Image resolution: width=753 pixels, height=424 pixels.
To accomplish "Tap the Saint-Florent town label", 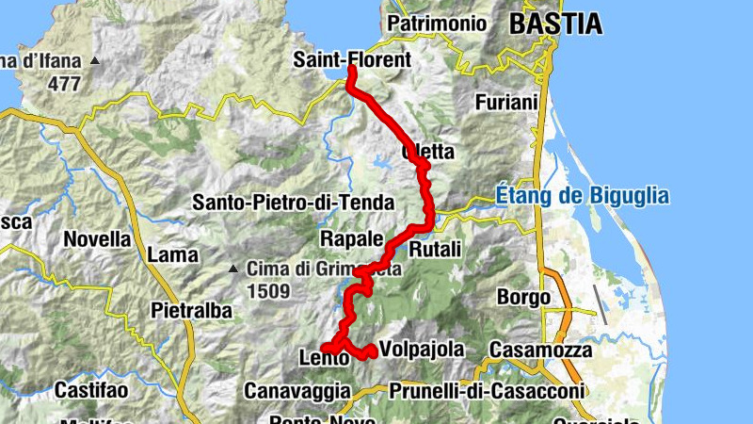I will [352, 60].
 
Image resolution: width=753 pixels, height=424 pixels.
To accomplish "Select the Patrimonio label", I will [437, 24].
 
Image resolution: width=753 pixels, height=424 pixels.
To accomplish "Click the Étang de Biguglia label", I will [582, 197].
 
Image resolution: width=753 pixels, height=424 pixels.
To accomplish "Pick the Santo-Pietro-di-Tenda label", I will [294, 202].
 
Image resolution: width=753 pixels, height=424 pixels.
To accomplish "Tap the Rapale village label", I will [352, 237].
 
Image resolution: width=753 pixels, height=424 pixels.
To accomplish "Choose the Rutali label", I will [436, 249].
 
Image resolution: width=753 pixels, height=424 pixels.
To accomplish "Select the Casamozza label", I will [540, 351].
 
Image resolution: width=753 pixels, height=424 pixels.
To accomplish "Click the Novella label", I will [97, 239].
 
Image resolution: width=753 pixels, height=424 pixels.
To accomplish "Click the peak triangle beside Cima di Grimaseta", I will [233, 269].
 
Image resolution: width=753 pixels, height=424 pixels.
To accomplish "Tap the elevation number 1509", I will [269, 291].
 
